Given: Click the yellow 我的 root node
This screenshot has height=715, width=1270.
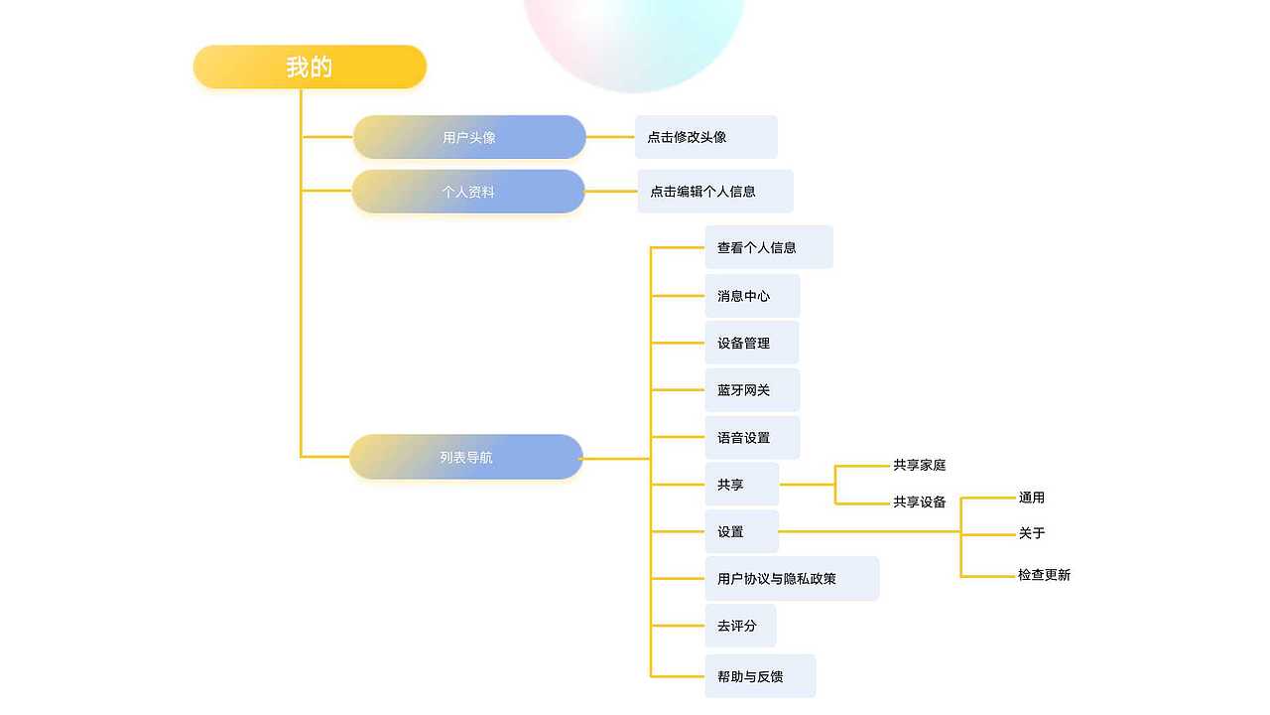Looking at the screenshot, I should coord(310,67).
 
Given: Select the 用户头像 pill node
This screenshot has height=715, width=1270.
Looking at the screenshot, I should coord(469,137).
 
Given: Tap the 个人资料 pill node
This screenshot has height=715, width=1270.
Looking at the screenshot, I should coord(468,192).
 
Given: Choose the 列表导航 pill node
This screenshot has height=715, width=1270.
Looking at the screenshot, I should coord(466,457).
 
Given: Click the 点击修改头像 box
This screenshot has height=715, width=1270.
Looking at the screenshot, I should coord(706,137).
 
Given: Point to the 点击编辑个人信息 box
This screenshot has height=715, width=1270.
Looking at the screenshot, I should coord(715,191).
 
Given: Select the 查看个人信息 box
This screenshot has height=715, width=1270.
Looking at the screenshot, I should coord(769,247).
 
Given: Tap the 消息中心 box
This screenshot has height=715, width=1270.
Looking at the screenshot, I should coord(752,296).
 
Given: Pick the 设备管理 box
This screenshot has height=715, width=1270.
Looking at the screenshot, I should coord(751,343).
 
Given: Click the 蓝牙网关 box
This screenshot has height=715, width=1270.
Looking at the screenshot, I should coord(752,390).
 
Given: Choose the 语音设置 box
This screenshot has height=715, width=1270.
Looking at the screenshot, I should coord(752,438).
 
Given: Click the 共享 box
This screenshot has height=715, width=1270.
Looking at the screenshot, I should coord(741,485).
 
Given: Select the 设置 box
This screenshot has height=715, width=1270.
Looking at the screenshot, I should coord(741,531).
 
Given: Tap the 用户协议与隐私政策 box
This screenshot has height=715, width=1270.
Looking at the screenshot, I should coord(792,579).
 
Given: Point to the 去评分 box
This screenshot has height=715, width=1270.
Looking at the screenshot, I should coord(740,626).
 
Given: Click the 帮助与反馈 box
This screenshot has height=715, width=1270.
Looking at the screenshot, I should coord(760,676).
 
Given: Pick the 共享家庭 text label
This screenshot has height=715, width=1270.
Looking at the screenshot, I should coord(919,465).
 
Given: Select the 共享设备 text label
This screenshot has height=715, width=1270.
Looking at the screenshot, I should coord(919,501).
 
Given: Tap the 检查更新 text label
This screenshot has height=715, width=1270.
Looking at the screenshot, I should coord(1044,575).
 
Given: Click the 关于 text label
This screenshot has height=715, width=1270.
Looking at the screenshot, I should coord(1032,533).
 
